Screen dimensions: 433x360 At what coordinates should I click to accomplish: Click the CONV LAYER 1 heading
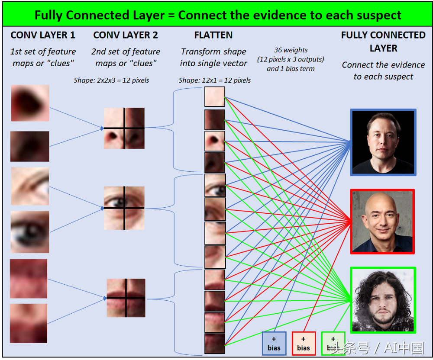[x=43, y=35]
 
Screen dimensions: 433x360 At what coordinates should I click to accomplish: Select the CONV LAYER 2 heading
[x=126, y=35]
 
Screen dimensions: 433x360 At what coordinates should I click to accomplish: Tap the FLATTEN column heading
[x=213, y=35]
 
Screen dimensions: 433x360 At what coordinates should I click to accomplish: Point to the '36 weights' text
[x=291, y=50]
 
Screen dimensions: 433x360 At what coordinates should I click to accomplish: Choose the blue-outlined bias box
[x=274, y=344]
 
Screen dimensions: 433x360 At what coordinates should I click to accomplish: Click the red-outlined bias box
[x=304, y=344]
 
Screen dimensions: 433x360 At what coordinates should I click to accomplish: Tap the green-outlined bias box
[x=333, y=344]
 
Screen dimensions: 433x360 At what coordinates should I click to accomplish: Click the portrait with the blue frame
[x=383, y=142]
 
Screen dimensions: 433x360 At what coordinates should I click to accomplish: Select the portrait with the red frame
[x=382, y=222]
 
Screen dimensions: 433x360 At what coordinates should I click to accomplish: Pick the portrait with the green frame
[x=383, y=300]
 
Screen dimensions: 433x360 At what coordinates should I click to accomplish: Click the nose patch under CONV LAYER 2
[x=124, y=128]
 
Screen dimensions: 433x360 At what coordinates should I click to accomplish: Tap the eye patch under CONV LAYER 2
[x=124, y=208]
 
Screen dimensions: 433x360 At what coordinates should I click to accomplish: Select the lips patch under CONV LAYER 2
[x=126, y=298]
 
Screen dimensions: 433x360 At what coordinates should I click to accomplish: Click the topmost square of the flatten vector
[x=215, y=96]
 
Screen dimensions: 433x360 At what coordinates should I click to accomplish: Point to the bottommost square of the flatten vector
[x=215, y=344]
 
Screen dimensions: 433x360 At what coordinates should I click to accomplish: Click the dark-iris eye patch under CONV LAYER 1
[x=30, y=232]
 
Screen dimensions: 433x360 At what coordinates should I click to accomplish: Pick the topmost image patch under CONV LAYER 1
[x=30, y=103]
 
